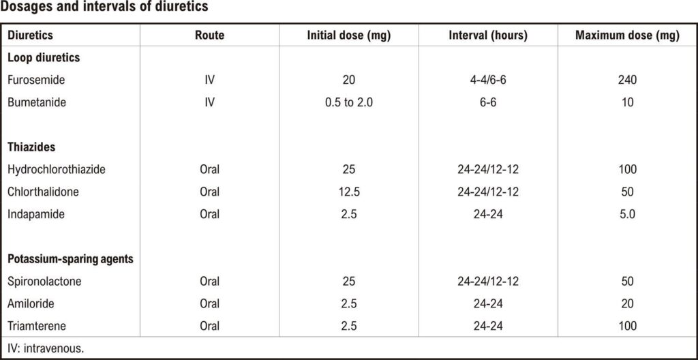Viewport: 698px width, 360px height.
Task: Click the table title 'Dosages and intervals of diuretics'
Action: click(104, 7)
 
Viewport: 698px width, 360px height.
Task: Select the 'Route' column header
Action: click(210, 35)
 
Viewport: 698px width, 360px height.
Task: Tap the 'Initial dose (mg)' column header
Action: click(349, 35)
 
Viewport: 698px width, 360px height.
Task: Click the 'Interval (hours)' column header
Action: click(488, 35)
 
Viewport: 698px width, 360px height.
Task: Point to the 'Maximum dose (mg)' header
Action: click(627, 35)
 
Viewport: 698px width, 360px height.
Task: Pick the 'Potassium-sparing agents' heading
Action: click(71, 259)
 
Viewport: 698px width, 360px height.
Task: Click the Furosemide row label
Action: click(33, 80)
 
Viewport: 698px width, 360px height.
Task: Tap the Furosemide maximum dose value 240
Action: click(627, 80)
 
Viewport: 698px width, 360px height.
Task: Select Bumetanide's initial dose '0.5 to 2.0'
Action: click(349, 102)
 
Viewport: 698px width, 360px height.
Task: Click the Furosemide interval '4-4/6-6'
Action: click(488, 80)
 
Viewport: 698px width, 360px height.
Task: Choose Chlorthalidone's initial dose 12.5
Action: click(349, 192)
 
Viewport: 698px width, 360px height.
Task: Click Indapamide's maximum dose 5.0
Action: click(627, 214)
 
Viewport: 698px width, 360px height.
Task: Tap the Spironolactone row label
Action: click(44, 282)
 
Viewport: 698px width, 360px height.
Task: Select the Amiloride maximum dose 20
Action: click(627, 304)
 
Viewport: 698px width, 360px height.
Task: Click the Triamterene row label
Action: click(37, 326)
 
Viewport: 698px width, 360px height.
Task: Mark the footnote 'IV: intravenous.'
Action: click(46, 348)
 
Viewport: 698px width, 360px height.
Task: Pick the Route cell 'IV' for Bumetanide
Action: click(210, 102)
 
